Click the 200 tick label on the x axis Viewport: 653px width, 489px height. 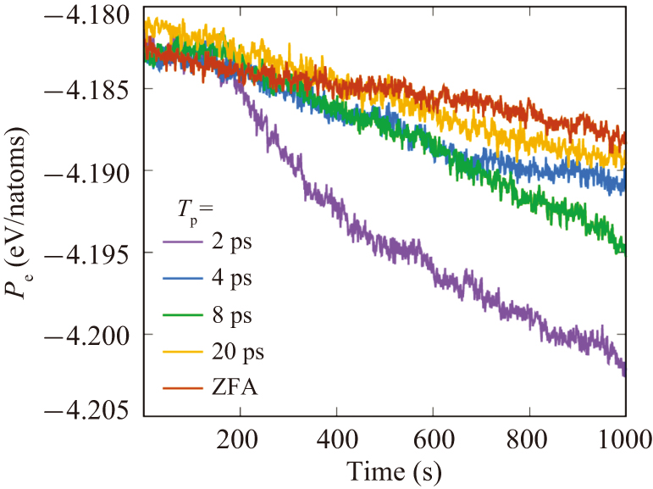[241, 439]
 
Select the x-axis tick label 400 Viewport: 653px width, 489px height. [337, 439]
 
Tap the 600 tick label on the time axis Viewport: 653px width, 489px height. [434, 439]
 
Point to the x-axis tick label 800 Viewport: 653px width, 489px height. [529, 439]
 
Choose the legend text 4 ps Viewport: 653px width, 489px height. [234, 278]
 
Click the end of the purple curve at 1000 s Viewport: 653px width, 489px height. [625, 371]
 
